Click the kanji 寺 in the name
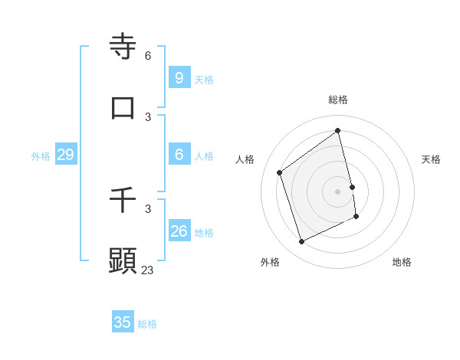point(123,46)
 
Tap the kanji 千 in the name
point(123,200)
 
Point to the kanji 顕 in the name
point(123,260)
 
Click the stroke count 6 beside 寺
point(148,56)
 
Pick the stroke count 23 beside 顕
point(148,270)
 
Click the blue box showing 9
point(179,77)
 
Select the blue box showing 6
point(179,155)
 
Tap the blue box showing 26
point(179,231)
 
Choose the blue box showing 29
point(65,155)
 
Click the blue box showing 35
point(123,322)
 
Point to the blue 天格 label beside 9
point(204,79)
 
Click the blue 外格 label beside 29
point(41,156)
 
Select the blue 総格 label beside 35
point(147,324)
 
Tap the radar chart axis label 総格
point(338,100)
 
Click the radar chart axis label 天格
point(431,159)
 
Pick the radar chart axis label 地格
point(402,262)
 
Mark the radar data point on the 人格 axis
point(279,172)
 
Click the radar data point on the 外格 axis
point(301,242)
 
